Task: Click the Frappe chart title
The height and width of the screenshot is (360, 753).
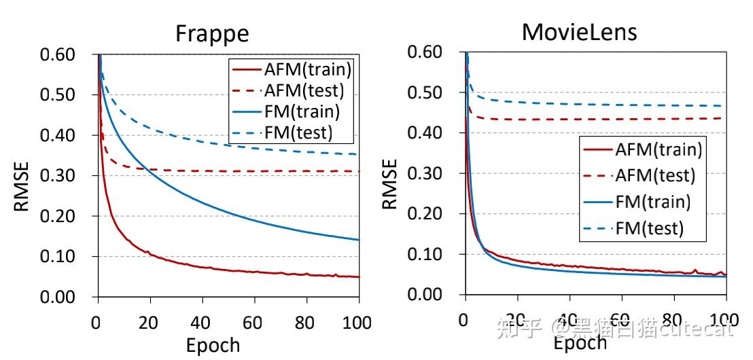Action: click(212, 33)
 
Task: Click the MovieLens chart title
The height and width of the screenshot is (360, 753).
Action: click(580, 31)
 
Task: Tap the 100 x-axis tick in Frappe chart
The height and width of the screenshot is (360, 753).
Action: click(358, 321)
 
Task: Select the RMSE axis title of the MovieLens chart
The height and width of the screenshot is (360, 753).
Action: click(389, 184)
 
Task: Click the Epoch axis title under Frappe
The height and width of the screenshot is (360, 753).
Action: click(213, 345)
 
